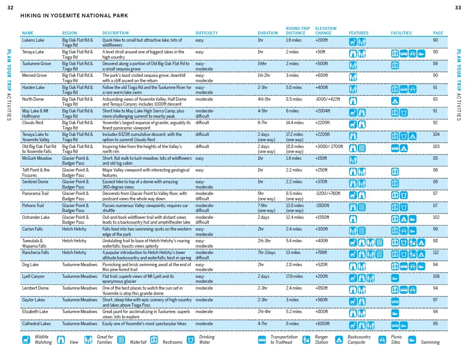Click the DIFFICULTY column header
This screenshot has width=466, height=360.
[x=206, y=33]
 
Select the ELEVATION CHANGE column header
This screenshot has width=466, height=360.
[x=326, y=31]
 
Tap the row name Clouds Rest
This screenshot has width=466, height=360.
[x=33, y=123]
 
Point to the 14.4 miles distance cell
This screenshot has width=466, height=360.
[x=295, y=123]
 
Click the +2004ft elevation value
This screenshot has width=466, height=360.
[x=322, y=111]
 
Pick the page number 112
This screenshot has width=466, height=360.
[x=436, y=252]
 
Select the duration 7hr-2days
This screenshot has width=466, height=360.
[x=267, y=252]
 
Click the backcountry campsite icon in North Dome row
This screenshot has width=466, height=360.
[x=395, y=101]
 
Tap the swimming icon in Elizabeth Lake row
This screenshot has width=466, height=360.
[x=395, y=313]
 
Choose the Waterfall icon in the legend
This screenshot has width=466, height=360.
[x=121, y=340]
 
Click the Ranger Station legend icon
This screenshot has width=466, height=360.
[x=306, y=340]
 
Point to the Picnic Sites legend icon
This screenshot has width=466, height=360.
[x=382, y=340]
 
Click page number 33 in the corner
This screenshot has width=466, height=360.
[x=458, y=8]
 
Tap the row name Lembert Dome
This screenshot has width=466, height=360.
[x=35, y=288]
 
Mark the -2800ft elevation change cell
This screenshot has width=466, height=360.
[x=322, y=206]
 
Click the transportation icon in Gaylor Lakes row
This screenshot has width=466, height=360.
[x=395, y=301]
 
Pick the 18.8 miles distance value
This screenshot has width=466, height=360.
[x=295, y=146]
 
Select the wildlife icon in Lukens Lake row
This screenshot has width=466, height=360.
[x=353, y=42]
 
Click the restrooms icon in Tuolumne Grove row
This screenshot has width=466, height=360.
[x=395, y=65]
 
